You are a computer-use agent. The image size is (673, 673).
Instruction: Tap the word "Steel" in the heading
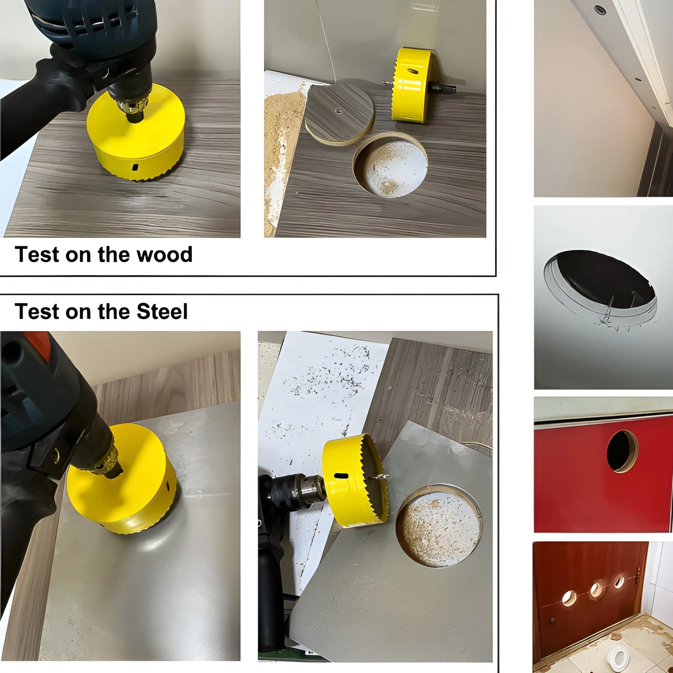(x=162, y=312)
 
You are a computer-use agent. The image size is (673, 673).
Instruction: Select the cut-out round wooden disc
(x=340, y=112)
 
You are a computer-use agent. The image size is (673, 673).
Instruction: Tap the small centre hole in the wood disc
(x=338, y=111)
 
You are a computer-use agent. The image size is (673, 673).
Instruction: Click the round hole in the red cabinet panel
(x=622, y=450)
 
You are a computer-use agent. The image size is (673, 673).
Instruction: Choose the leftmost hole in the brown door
(x=569, y=598)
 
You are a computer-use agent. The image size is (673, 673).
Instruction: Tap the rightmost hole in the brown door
(x=619, y=581)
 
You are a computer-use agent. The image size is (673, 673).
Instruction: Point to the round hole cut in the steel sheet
(x=438, y=526)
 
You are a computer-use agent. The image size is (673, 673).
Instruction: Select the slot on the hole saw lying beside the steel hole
(x=341, y=476)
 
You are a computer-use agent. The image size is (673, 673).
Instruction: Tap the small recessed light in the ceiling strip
(x=598, y=9)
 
